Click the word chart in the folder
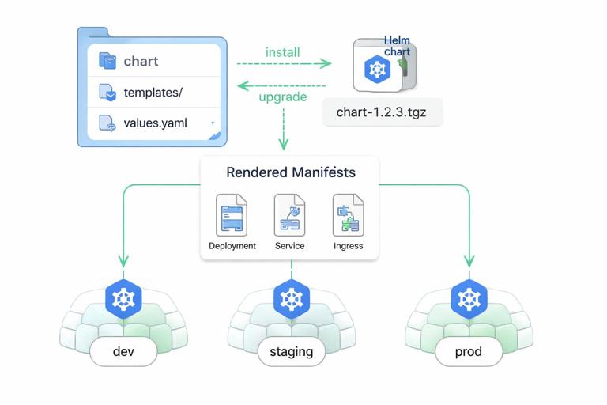click(141, 61)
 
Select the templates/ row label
click(153, 93)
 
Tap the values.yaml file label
click(156, 124)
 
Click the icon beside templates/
click(107, 93)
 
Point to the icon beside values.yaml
click(107, 123)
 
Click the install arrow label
click(282, 52)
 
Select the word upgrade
click(283, 97)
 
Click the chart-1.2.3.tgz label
click(383, 111)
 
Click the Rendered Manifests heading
click(290, 172)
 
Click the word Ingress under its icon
click(348, 246)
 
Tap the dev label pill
click(124, 351)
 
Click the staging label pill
click(291, 351)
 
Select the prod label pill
click(468, 351)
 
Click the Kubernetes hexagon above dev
click(123, 299)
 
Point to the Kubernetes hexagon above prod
click(469, 299)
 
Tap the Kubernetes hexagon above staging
click(292, 299)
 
